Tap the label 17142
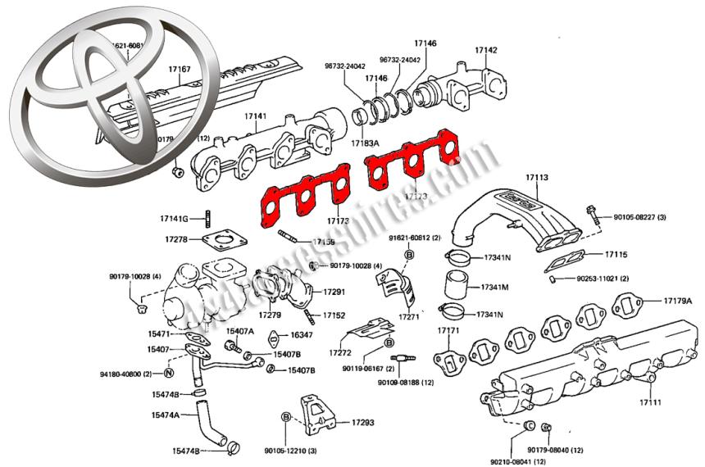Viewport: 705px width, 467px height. (486, 50)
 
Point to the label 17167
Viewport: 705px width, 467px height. (179, 69)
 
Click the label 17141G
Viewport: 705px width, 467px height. (175, 218)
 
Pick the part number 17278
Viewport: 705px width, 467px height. (176, 239)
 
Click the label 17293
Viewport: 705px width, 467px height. (363, 423)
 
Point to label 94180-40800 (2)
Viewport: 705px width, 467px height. (126, 374)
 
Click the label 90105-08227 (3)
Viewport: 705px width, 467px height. (642, 217)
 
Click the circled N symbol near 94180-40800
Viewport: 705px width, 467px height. (167, 374)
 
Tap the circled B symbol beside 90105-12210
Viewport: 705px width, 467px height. (286, 417)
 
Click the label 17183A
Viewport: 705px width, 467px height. (365, 143)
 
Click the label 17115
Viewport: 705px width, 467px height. (616, 256)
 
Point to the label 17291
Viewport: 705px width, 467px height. (333, 292)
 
